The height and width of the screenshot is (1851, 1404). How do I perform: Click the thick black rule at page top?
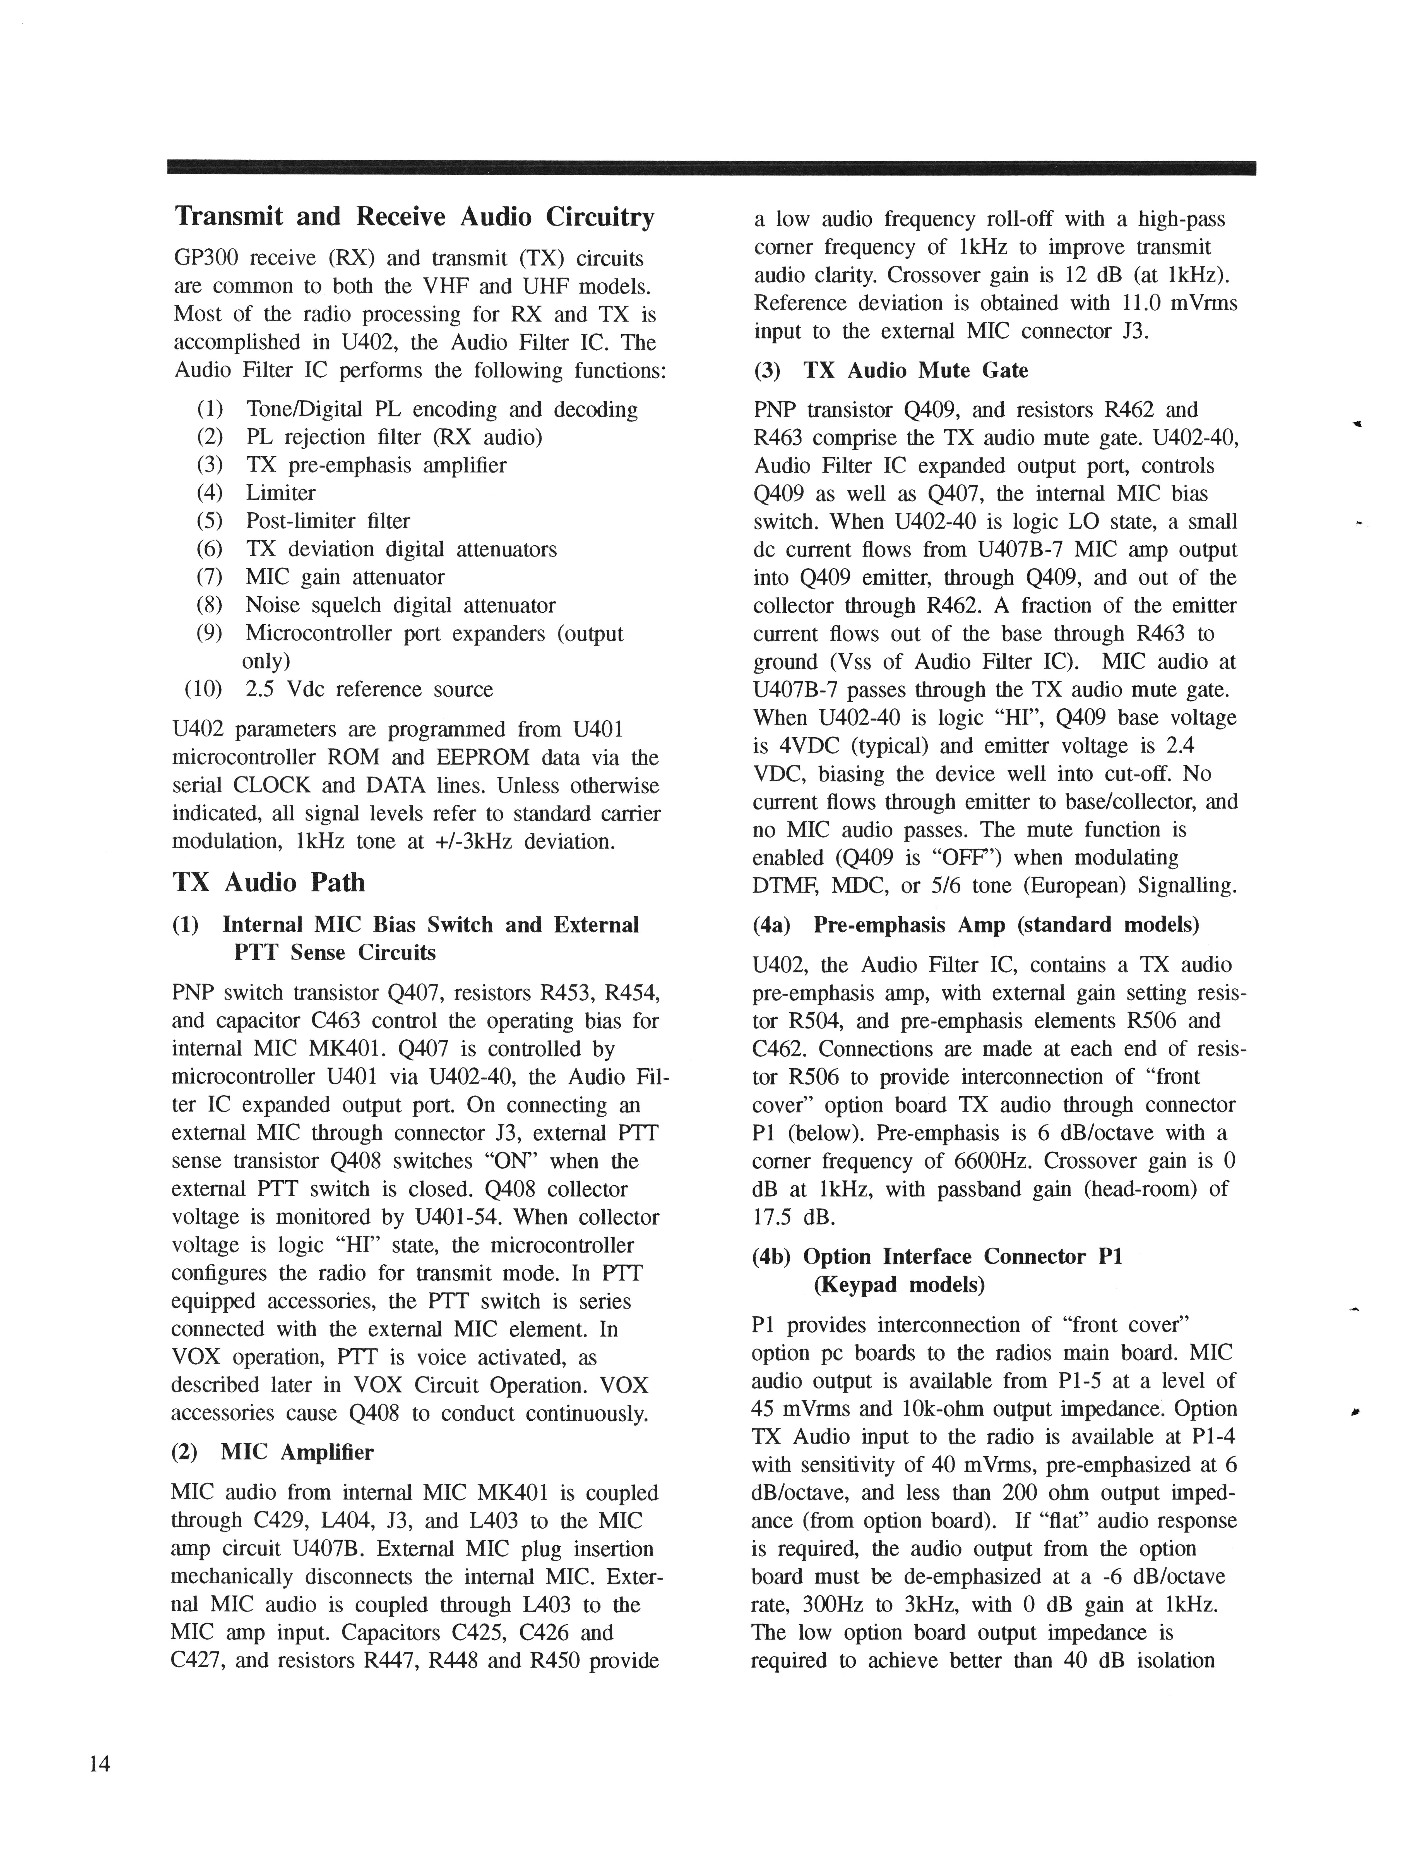[711, 167]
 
